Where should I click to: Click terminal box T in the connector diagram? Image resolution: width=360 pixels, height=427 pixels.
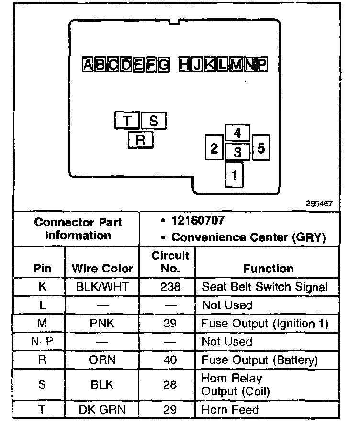coord(127,121)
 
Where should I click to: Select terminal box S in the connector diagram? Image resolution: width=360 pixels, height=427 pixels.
coord(154,121)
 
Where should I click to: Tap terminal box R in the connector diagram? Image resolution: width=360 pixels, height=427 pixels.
coord(140,140)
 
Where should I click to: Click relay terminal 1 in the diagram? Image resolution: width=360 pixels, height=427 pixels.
coord(234,175)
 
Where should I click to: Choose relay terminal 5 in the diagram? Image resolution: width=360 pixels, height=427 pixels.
coord(260,148)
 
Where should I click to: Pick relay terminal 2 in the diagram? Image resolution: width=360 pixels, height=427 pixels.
coord(214,148)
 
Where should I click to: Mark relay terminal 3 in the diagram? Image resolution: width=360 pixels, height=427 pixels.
coord(237,153)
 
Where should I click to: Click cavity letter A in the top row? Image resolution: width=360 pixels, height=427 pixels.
coord(89,65)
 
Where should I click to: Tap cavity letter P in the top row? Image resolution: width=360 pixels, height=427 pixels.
coord(261,65)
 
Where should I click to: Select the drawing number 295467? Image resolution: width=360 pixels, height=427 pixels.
coord(319,203)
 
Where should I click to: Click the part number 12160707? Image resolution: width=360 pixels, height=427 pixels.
coord(198,221)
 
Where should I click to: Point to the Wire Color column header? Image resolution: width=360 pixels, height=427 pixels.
coord(102,268)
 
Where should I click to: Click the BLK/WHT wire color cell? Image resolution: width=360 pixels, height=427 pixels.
coord(102,287)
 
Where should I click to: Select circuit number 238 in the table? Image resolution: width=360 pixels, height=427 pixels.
coord(170,287)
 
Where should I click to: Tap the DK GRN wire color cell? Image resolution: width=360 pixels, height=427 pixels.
coord(102,410)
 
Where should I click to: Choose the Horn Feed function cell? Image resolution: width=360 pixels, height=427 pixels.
coord(230,410)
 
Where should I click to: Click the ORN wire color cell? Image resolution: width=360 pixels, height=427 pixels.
coord(102,360)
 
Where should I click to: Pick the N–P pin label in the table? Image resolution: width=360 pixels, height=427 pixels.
coord(42,341)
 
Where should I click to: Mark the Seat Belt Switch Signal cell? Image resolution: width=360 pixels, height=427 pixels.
coord(265,287)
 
